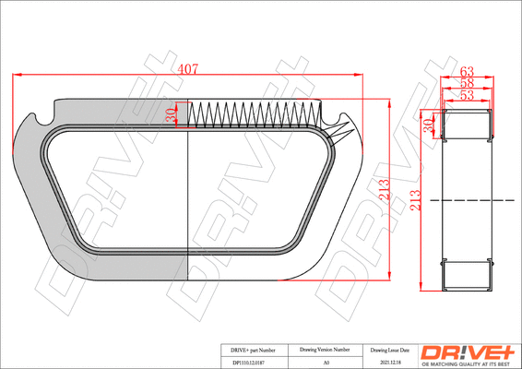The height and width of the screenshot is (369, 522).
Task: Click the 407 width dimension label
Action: tap(187, 68)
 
